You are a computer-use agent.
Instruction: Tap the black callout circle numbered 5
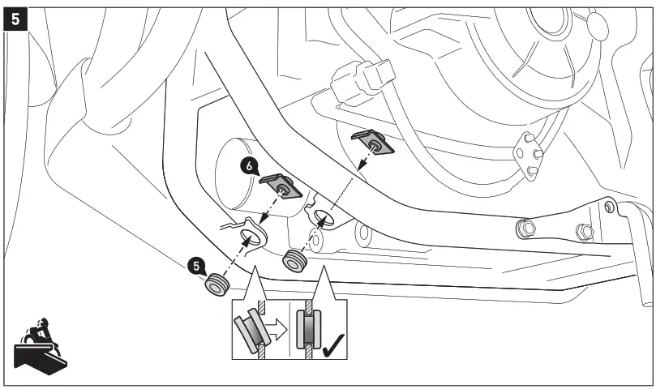click(195, 264)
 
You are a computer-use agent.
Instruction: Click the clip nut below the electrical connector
click(373, 142)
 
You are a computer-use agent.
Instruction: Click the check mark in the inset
click(332, 347)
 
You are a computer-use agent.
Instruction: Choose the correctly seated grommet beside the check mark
click(311, 330)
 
